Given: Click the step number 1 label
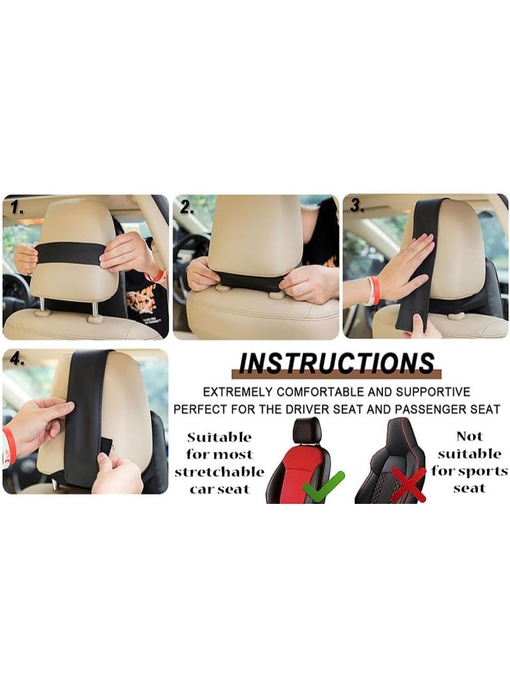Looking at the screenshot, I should tap(15, 208).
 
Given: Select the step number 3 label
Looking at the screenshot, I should tap(356, 206).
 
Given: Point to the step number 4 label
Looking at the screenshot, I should tap(16, 359).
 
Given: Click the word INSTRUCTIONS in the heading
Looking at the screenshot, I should tap(336, 362).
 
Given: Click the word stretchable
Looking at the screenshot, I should tap(219, 472).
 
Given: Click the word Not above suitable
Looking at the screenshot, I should tap(469, 437).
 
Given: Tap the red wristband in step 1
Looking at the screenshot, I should tap(155, 276).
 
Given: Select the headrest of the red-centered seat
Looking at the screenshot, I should tap(307, 431).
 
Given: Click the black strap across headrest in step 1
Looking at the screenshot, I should tap(70, 254).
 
